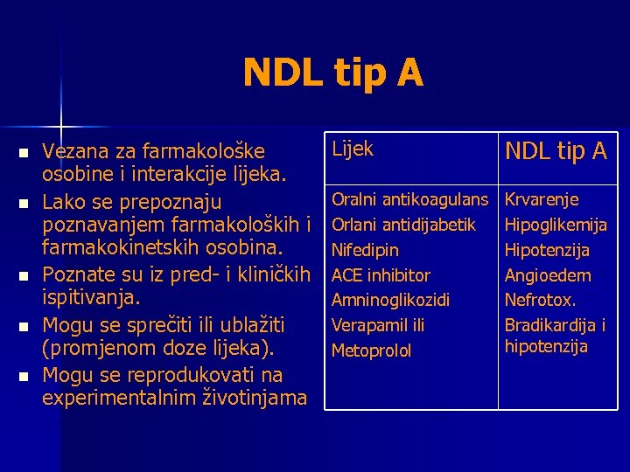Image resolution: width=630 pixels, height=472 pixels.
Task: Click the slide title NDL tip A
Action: pos(333,73)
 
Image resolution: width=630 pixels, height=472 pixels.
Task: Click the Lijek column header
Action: pos(352,149)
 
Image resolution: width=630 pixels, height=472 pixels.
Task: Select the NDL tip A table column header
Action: pos(556,151)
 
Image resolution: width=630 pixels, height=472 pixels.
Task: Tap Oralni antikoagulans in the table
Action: pos(409,200)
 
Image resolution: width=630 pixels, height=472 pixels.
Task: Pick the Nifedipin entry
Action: pos(365,251)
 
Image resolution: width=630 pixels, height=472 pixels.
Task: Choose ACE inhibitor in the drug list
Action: pos(381,275)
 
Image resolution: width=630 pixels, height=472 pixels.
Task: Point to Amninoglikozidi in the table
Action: pos(390,301)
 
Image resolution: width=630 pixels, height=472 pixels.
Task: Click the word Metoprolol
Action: pos(371,351)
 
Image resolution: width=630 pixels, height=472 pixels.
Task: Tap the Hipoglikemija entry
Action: pos(556,226)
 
